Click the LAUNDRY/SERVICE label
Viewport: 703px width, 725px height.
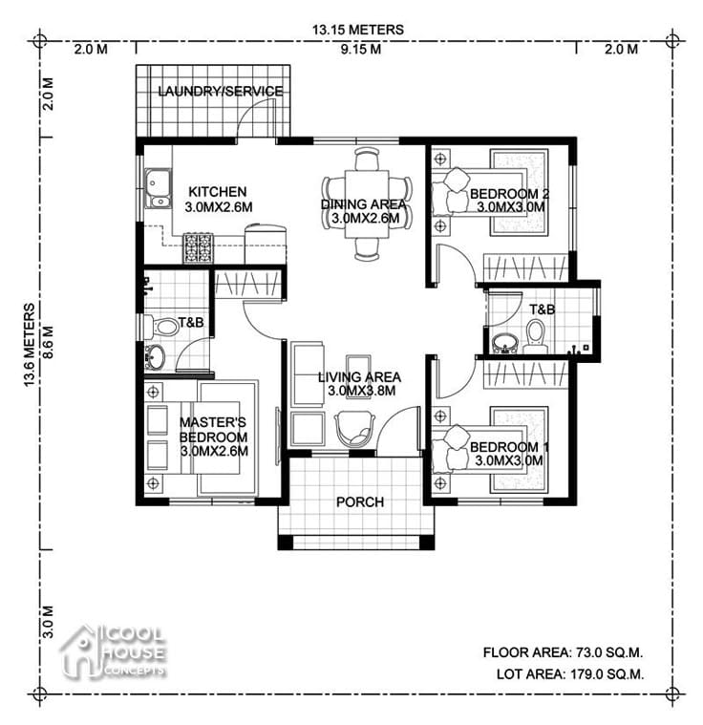(220, 92)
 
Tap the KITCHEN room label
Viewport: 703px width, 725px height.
(217, 192)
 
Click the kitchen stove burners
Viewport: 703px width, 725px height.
(199, 247)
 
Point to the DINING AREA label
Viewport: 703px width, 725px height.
(363, 204)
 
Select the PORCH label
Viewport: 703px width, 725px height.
(360, 502)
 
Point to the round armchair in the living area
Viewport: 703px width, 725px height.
(356, 427)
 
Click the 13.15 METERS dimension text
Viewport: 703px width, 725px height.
(357, 30)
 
